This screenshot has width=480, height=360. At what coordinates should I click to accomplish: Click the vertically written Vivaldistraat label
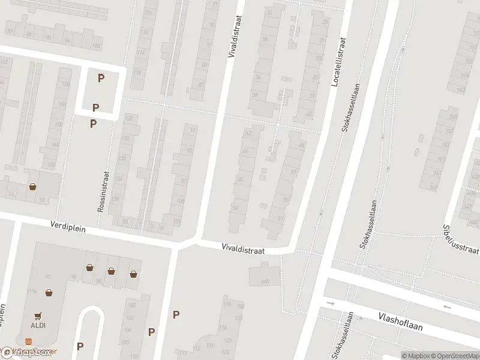[x=234, y=37]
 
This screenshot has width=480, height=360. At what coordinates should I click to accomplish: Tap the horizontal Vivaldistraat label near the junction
[x=243, y=247]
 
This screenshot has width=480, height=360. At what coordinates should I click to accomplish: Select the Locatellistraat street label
[x=338, y=62]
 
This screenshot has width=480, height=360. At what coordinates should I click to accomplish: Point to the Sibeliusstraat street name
[x=461, y=239]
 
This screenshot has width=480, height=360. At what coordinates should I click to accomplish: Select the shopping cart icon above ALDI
[x=38, y=314]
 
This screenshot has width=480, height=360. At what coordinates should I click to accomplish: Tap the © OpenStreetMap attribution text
[x=455, y=356]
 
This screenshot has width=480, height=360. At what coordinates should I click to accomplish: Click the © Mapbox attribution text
[x=416, y=356]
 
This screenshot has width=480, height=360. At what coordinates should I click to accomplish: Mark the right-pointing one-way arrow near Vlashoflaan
[x=330, y=303]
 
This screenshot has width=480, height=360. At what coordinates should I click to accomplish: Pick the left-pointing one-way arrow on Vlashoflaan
[x=447, y=307]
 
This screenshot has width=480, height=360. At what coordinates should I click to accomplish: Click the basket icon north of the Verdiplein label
[x=32, y=187]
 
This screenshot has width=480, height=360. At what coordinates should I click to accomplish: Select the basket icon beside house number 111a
[x=49, y=293]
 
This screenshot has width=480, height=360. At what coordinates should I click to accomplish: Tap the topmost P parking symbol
[x=101, y=77]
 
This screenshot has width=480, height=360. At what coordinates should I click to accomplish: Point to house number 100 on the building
[x=96, y=46]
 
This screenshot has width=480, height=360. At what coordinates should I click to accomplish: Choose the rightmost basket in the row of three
[x=133, y=274]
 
